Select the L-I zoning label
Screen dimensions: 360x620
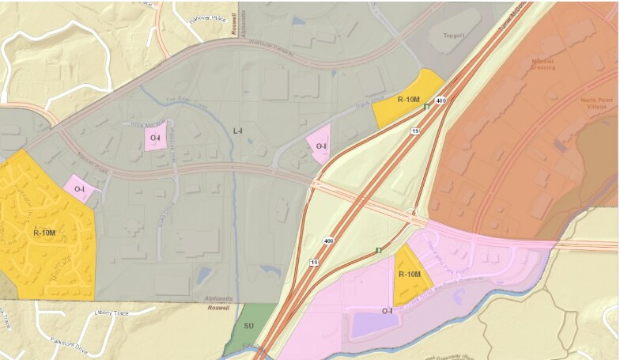pyautogui.click(x=238, y=131)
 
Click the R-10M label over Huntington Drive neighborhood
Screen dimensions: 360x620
pyautogui.click(x=44, y=233)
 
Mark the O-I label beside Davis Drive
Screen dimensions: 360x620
pyautogui.click(x=320, y=146)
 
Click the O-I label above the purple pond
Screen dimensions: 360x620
pyautogui.click(x=387, y=311)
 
